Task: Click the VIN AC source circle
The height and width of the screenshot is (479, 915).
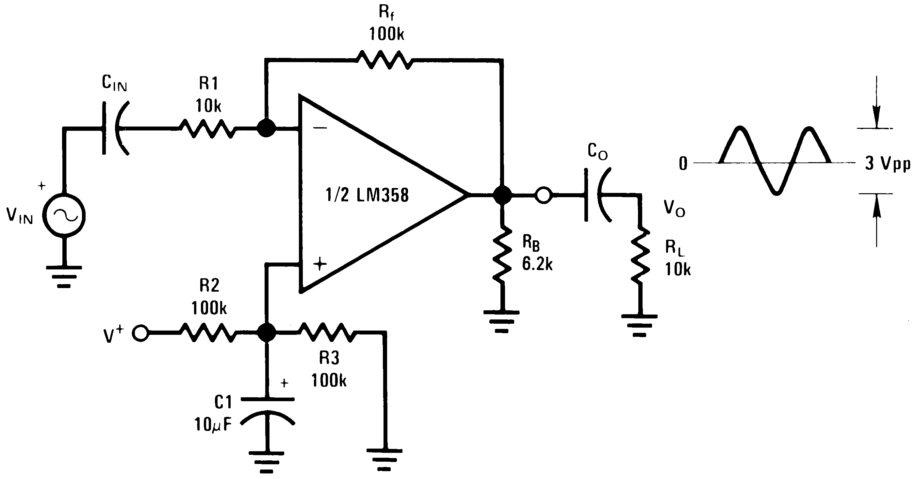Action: [x=64, y=215]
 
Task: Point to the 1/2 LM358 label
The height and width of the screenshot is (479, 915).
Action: [x=367, y=195]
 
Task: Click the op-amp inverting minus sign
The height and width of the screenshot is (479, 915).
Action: [x=320, y=128]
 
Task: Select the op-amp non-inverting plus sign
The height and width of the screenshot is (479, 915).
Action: [x=320, y=264]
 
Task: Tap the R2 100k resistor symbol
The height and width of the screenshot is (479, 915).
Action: [x=208, y=333]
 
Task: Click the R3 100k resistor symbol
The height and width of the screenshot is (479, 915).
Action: [x=328, y=333]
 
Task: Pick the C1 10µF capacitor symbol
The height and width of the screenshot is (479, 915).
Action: [x=267, y=411]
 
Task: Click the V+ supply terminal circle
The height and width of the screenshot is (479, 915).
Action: [x=141, y=333]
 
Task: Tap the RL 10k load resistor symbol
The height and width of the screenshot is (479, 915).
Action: [x=640, y=254]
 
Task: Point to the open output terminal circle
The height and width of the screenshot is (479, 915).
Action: [x=544, y=195]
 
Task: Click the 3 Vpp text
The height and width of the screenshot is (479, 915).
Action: [x=887, y=164]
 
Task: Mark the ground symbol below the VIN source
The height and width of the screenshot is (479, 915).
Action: [x=64, y=276]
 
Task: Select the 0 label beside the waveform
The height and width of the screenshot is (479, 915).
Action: [x=683, y=164]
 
